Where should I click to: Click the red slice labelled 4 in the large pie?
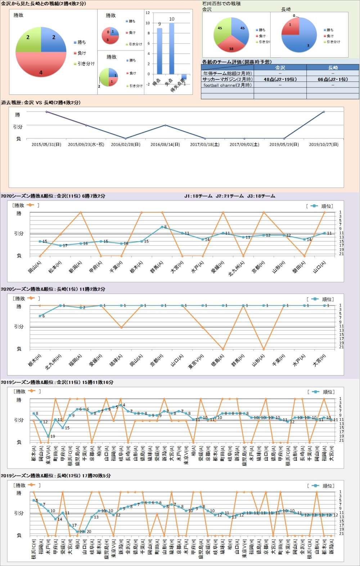(x=41, y=67)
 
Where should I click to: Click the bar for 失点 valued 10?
(x=172, y=49)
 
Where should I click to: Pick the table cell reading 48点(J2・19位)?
(x=280, y=79)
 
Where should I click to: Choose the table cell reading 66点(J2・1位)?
(x=333, y=79)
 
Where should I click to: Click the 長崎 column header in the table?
(x=333, y=67)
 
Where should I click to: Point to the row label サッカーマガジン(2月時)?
(x=227, y=79)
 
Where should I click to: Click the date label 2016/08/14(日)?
(x=165, y=144)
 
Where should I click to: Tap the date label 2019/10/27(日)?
(x=324, y=144)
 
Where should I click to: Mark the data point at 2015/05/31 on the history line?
(x=46, y=112)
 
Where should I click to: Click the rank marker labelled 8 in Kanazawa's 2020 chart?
(x=162, y=227)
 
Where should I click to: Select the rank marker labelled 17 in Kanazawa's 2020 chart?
(x=60, y=245)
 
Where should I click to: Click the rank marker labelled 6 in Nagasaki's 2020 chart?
(x=40, y=316)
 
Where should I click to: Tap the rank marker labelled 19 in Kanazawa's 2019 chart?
(x=48, y=436)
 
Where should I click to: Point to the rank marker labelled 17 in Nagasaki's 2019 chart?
(x=70, y=525)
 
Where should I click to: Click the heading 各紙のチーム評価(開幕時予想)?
(x=237, y=62)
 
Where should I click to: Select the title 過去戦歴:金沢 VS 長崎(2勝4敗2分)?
(x=41, y=103)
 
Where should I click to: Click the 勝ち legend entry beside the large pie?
(x=80, y=42)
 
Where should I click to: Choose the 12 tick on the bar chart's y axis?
(x=148, y=13)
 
